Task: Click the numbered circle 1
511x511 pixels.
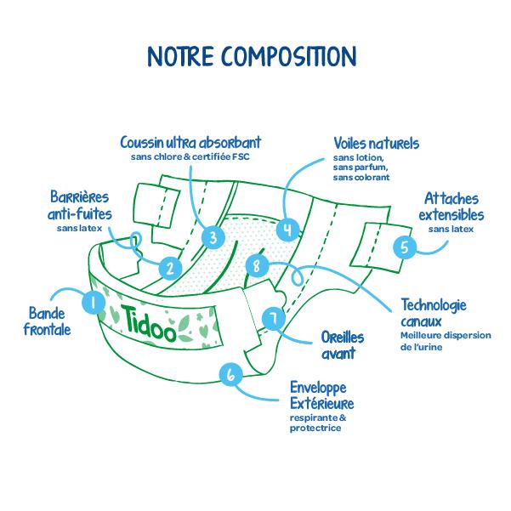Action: (x=92, y=300)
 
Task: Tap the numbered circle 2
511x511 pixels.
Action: (x=170, y=269)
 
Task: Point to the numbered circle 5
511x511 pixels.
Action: (x=405, y=247)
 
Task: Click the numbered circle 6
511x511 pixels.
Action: (x=230, y=374)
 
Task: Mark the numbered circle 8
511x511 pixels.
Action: (x=257, y=266)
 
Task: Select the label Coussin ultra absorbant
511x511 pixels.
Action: (x=190, y=142)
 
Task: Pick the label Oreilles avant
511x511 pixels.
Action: (x=338, y=345)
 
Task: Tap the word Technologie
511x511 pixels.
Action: (x=434, y=306)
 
